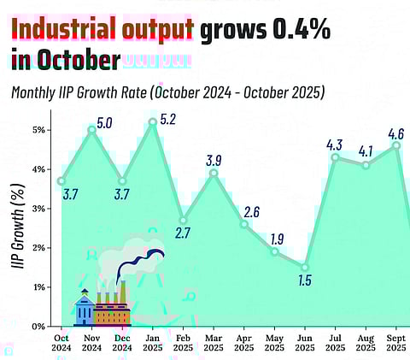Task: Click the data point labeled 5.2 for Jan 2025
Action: click(152, 121)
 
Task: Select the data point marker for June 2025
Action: click(305, 267)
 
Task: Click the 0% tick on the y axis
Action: click(39, 326)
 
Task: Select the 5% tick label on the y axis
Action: click(39, 130)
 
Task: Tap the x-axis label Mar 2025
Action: click(214, 343)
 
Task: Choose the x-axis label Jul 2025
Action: click(335, 343)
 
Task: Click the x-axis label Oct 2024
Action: click(61, 343)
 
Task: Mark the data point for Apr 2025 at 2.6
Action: click(243, 224)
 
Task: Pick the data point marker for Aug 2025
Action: click(366, 165)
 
